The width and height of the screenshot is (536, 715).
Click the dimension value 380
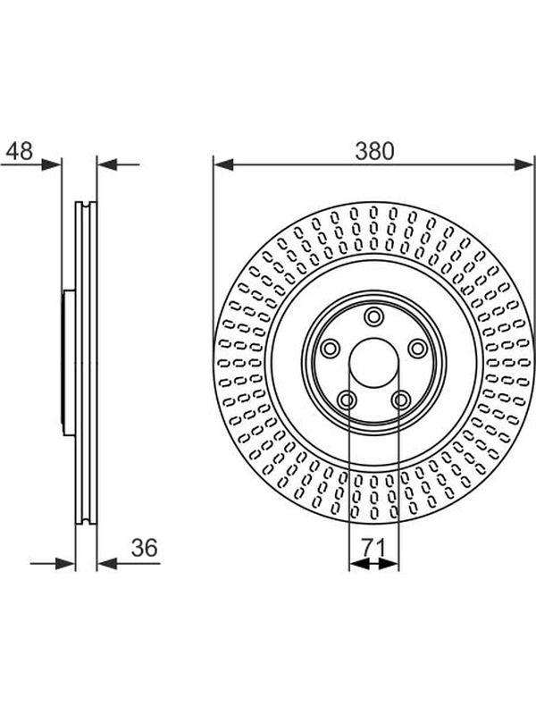pyautogui.click(x=374, y=151)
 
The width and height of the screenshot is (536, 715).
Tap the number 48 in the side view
pyautogui.click(x=20, y=151)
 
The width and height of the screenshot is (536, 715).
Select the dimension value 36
pyautogui.click(x=144, y=548)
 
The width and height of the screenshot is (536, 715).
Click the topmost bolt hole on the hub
pyautogui.click(x=373, y=316)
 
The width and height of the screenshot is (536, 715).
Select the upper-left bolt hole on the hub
pyautogui.click(x=330, y=349)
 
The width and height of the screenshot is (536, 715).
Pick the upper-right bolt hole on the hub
pyautogui.click(x=417, y=349)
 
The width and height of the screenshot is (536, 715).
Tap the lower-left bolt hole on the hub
pyautogui.click(x=348, y=400)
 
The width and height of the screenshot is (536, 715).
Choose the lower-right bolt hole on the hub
pyautogui.click(x=400, y=400)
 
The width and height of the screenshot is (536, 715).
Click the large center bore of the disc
pyautogui.click(x=373, y=364)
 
